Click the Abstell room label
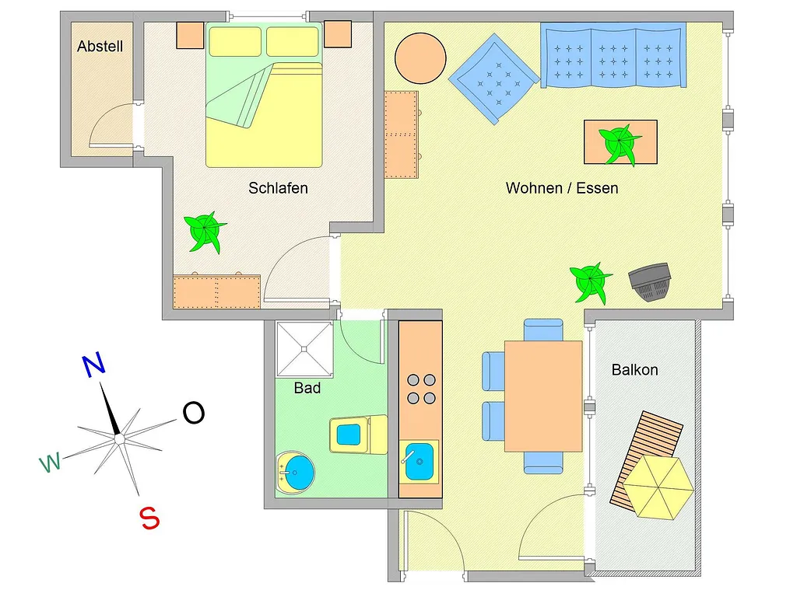coord(100,47)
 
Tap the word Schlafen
coord(278,188)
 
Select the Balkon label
coord(635,369)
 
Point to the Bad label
coord(307,389)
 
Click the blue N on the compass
coord(93,365)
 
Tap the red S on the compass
coord(149,518)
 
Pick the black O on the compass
coord(194,413)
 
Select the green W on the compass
coord(51,462)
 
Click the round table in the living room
coord(420,58)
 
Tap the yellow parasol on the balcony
coord(658,487)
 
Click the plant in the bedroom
coord(205,232)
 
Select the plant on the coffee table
coord(620,144)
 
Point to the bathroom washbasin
coord(295,472)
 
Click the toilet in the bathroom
coord(358,435)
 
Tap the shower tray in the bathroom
coord(304,349)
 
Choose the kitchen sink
coord(419,462)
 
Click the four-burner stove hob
coord(421,389)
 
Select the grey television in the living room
coord(650,281)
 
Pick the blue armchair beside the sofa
coord(494,79)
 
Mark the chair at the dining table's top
coord(543,330)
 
